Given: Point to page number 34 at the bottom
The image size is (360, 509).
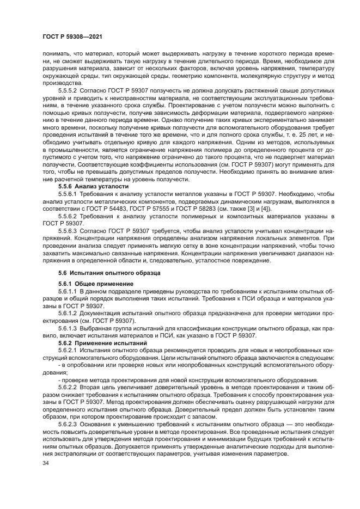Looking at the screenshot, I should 45,463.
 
